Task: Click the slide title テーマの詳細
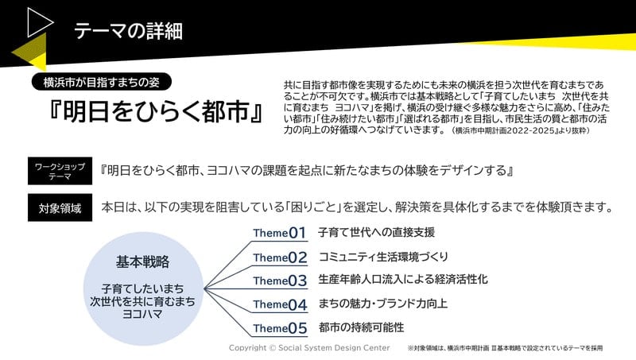click(x=128, y=31)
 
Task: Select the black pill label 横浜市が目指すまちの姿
click(x=102, y=83)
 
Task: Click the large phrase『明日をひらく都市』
click(x=156, y=110)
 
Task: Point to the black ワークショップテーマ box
click(x=60, y=171)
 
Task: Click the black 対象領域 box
click(x=60, y=207)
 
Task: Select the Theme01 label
click(x=279, y=233)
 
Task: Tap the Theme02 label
click(x=280, y=257)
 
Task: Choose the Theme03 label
click(x=280, y=281)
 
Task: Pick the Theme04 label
click(x=280, y=304)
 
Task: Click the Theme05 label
click(x=280, y=328)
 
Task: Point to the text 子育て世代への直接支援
click(x=376, y=232)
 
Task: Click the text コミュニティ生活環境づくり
click(x=383, y=257)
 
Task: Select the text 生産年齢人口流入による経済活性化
click(x=403, y=279)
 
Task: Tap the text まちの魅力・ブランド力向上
click(x=382, y=304)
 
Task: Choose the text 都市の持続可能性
click(x=361, y=327)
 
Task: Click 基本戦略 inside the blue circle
click(x=143, y=262)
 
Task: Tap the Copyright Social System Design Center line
click(x=309, y=348)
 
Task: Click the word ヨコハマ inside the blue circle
click(x=142, y=314)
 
